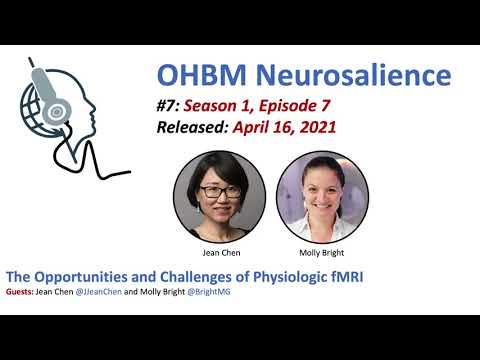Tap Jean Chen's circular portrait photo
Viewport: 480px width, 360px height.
tap(219, 193)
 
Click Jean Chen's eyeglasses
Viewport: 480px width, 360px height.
tap(219, 187)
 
